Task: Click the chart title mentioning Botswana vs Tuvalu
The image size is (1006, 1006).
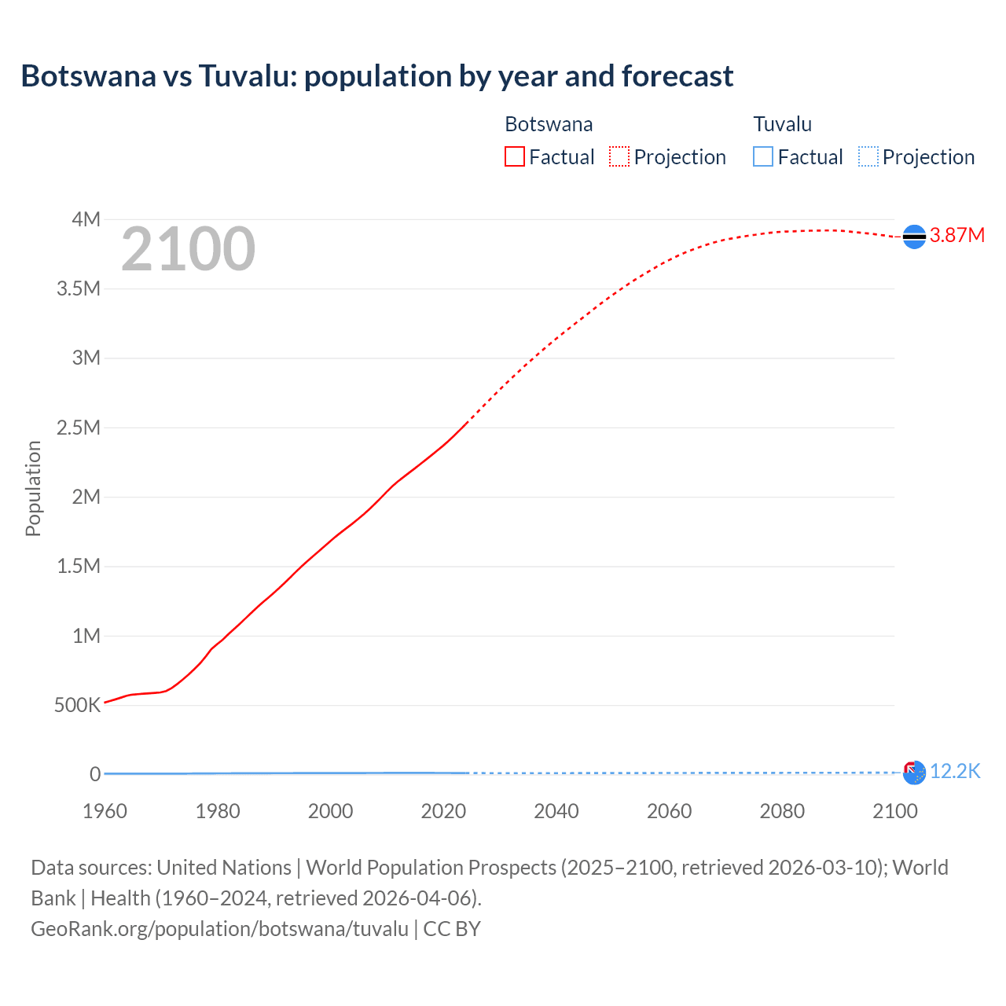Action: [x=376, y=76]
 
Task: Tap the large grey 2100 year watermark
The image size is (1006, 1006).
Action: [x=188, y=249]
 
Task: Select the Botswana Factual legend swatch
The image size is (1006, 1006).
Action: [x=514, y=156]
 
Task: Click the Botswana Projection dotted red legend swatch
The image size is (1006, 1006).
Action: [x=619, y=156]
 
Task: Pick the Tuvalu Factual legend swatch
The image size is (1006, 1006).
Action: [x=762, y=156]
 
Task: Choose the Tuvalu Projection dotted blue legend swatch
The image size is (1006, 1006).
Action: [x=868, y=156]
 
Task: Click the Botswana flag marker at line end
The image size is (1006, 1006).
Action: [x=914, y=237]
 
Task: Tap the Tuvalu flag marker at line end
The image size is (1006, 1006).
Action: [x=914, y=773]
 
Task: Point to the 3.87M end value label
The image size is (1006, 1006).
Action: [x=956, y=236]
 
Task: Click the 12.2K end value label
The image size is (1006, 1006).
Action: [x=955, y=772]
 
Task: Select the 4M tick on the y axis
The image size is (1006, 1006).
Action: [x=86, y=219]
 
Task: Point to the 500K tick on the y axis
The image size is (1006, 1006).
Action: [x=77, y=705]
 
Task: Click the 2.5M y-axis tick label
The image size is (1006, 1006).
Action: [x=79, y=428]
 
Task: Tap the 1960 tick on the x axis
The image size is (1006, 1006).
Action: [x=105, y=811]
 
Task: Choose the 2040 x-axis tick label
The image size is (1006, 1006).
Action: [x=556, y=811]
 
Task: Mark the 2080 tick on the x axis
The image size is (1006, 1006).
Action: [x=782, y=811]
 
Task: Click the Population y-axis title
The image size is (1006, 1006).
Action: [x=33, y=488]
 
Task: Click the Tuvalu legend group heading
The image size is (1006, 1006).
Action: [x=782, y=124]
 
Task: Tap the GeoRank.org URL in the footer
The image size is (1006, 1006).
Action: [x=219, y=929]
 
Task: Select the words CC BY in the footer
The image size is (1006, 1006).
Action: [x=452, y=929]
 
